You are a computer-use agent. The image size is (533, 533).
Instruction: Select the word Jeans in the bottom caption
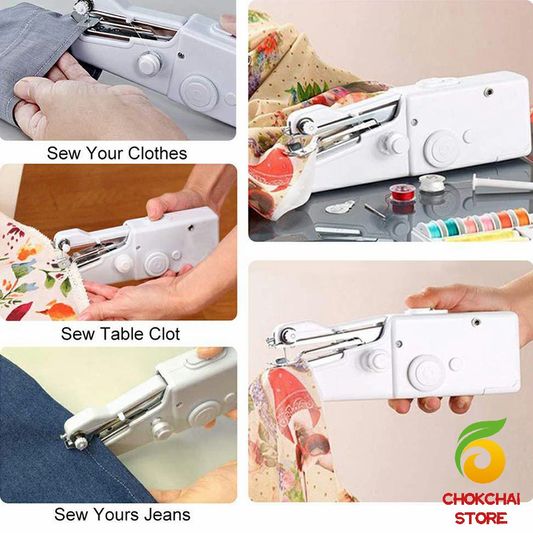coord(167,514)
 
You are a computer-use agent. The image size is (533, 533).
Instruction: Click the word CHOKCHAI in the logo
coord(481,499)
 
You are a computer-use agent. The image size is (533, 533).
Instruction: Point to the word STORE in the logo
coord(481,518)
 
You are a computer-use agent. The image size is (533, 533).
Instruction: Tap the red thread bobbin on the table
coord(403,193)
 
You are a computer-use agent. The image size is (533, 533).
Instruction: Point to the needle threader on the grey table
coord(340,207)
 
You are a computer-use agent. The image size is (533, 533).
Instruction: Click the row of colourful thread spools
coord(474,223)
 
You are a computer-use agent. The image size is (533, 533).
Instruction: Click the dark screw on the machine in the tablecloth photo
coord(191,227)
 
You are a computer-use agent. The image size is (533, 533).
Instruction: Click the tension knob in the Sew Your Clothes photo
coord(149,63)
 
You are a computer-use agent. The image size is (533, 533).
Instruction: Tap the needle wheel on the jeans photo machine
coord(81,442)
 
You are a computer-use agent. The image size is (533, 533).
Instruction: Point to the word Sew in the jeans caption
coord(68,514)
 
